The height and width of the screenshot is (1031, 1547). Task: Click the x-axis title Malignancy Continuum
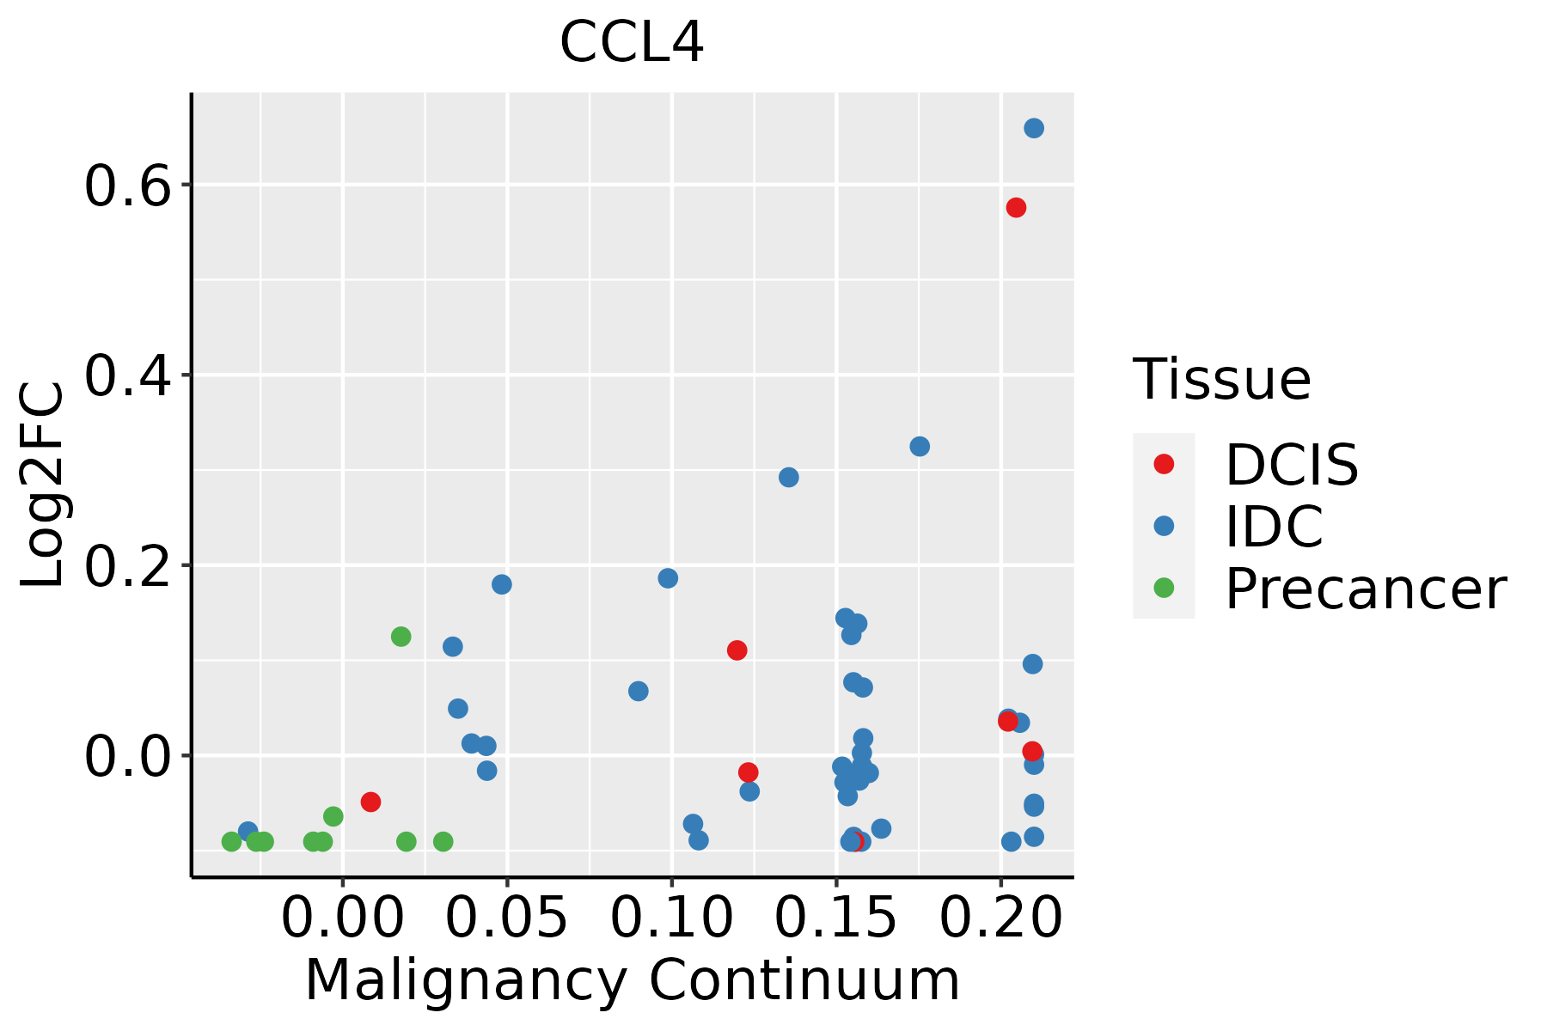click(x=632, y=980)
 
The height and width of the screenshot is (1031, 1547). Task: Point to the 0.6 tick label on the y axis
click(x=128, y=186)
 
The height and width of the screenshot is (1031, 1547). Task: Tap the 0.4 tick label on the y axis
click(x=128, y=376)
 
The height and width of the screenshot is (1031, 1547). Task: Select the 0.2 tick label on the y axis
click(x=128, y=566)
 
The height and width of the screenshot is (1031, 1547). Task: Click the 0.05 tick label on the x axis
click(x=507, y=918)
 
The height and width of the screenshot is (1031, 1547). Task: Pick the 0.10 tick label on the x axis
click(x=671, y=918)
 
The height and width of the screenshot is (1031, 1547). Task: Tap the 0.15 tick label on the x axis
click(x=836, y=918)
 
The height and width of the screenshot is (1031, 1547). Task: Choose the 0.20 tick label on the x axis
click(x=1000, y=918)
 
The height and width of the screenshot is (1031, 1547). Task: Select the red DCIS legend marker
click(x=1164, y=464)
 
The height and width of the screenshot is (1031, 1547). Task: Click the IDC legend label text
click(x=1274, y=527)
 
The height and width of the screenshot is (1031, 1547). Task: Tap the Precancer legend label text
click(x=1365, y=589)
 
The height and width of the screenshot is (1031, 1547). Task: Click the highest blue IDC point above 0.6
click(x=1034, y=128)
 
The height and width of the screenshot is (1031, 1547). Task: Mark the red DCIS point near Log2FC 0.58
click(x=1016, y=208)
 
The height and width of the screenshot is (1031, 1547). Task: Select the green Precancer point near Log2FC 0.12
click(x=401, y=637)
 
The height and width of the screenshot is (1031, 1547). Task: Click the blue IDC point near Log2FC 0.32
click(x=920, y=447)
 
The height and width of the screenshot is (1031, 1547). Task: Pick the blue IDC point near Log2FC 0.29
click(x=789, y=477)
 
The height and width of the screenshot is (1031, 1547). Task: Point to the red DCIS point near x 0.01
click(x=370, y=802)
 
